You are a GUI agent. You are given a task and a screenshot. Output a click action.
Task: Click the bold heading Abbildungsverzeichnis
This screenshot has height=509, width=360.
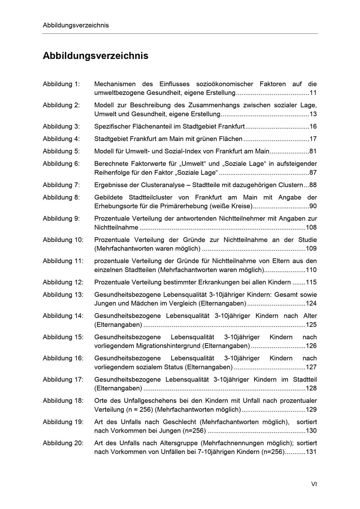95,56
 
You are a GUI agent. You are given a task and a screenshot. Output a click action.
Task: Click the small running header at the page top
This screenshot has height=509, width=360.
76,25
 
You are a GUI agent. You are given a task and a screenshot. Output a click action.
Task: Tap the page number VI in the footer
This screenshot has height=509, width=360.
314,484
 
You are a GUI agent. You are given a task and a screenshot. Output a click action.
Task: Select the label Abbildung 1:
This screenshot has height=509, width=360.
61,84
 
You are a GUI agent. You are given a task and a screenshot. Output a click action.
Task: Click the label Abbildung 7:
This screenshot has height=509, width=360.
61,185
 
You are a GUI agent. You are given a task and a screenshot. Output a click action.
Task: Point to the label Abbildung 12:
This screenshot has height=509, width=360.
63,282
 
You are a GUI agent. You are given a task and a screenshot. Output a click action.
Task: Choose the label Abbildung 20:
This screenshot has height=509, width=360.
63,443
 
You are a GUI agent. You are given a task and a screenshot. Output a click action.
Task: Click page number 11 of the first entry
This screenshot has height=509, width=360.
313,93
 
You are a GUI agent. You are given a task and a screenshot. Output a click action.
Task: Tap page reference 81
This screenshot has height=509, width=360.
313,151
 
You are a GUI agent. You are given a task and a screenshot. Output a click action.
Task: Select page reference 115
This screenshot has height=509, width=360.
311,282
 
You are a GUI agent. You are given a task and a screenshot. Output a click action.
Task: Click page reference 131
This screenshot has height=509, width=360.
311,452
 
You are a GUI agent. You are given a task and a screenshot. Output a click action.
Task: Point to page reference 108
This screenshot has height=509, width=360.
311,228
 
